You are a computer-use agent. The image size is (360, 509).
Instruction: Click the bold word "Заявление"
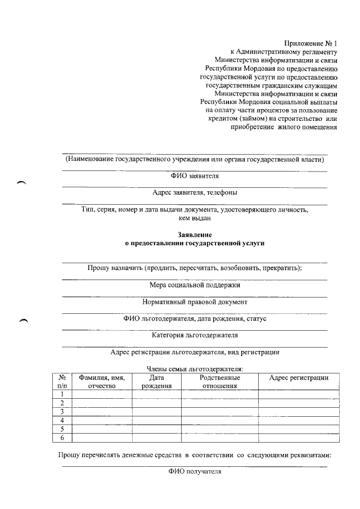pos(195,233)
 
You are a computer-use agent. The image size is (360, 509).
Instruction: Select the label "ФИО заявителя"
pos(195,176)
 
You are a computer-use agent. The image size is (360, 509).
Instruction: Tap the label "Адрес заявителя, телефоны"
pos(195,193)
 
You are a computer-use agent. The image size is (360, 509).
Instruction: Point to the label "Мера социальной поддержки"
pos(195,285)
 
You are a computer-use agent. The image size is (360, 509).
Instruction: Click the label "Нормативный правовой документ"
pos(195,301)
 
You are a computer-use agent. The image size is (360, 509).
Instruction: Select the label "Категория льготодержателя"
pos(195,335)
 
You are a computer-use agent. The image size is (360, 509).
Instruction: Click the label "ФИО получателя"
pos(195,472)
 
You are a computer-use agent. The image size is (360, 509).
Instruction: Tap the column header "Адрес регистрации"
pos(299,377)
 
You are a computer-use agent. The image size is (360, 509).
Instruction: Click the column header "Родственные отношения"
pos(219,381)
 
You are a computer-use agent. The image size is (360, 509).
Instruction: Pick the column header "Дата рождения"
pos(156,381)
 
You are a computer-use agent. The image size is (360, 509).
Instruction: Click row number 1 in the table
pos(62,394)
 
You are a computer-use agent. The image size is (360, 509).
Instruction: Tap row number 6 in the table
pos(62,438)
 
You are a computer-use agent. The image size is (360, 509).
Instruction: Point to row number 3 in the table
pos(62,412)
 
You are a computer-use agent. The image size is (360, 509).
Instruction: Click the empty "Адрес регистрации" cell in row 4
pos(299,420)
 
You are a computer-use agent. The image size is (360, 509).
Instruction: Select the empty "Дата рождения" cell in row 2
pos(156,403)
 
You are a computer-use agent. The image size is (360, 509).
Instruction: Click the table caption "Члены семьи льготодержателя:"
pos(195,368)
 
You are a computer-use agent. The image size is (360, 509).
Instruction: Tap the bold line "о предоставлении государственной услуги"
pos(195,243)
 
